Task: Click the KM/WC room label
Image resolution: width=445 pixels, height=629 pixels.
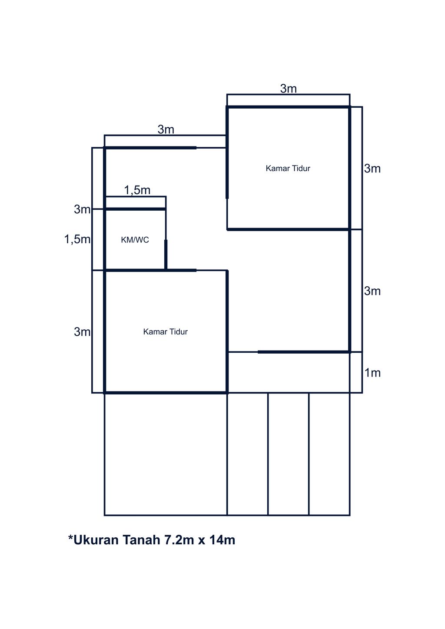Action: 135,240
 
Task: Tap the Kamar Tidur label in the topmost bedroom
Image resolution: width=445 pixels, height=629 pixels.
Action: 288,169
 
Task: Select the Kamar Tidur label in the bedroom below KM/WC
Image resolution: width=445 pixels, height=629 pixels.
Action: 166,332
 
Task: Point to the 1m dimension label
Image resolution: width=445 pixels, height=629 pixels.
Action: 372,373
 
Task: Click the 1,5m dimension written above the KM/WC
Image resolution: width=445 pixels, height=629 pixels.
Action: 137,190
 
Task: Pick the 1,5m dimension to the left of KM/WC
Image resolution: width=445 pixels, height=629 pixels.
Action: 77,239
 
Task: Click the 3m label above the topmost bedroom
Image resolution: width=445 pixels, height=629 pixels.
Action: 288,89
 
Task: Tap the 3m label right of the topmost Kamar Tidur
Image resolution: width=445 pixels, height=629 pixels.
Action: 372,169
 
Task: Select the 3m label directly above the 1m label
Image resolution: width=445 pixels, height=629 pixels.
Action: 372,291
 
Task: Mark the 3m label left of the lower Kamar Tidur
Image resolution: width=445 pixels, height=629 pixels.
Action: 82,332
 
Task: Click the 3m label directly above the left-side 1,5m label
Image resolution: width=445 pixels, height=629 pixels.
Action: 82,209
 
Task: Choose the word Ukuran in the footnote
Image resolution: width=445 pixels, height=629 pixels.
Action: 96,540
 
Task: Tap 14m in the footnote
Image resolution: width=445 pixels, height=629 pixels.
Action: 222,540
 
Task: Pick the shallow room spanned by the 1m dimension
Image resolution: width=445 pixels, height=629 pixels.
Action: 289,372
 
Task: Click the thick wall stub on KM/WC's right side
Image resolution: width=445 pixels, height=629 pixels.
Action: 166,255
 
